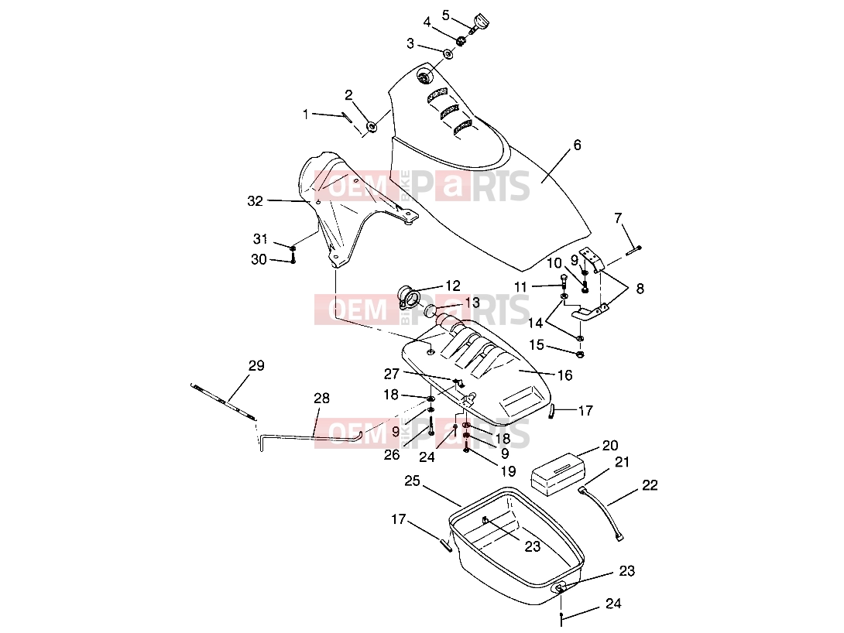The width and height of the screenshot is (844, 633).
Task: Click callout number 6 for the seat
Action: pyautogui.click(x=577, y=145)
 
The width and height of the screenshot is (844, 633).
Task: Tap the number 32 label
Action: pyautogui.click(x=255, y=200)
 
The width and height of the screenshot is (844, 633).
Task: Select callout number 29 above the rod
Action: pyautogui.click(x=256, y=366)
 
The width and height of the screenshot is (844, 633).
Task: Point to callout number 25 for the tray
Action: pyautogui.click(x=412, y=481)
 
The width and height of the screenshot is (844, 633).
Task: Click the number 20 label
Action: pyautogui.click(x=610, y=445)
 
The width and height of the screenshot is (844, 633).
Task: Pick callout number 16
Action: pyautogui.click(x=564, y=375)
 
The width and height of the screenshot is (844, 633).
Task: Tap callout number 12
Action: pyautogui.click(x=453, y=285)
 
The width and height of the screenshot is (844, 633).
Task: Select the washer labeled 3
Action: pyautogui.click(x=448, y=53)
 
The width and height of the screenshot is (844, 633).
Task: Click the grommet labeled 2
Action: pyautogui.click(x=372, y=127)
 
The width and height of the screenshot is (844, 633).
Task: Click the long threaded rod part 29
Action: pyautogui.click(x=223, y=401)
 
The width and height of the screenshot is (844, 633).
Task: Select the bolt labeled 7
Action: pyautogui.click(x=633, y=251)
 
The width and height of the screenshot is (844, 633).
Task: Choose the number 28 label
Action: pyautogui.click(x=321, y=399)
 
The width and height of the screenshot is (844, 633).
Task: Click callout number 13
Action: pyautogui.click(x=472, y=303)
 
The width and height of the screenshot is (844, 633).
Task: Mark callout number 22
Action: pyautogui.click(x=650, y=485)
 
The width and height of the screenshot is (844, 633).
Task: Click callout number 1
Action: pyautogui.click(x=306, y=114)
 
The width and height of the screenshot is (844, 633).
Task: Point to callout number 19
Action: pyautogui.click(x=508, y=471)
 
